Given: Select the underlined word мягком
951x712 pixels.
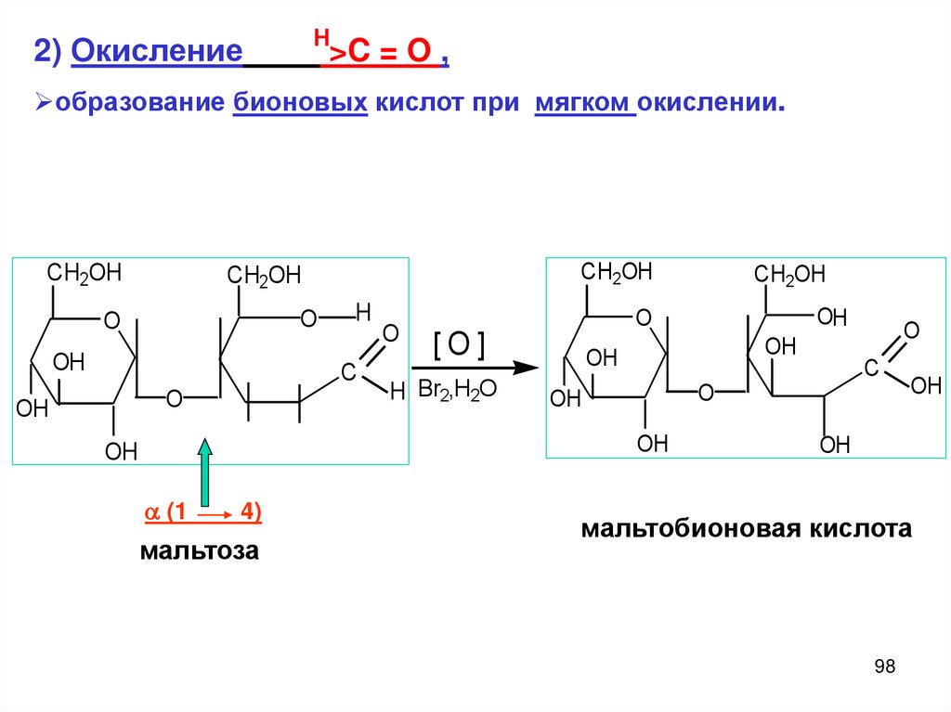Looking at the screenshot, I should (584, 102).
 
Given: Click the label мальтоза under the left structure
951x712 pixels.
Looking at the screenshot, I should (199, 551).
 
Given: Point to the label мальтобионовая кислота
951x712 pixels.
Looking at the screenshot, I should (747, 529).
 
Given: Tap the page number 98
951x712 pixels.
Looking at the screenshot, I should (884, 667).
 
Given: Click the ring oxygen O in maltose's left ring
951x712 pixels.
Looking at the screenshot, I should (111, 321).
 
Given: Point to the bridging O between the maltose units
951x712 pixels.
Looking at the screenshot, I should (174, 399).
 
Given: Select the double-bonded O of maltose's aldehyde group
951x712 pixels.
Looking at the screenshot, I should (390, 333).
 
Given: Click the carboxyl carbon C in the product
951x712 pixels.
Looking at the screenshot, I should (871, 369).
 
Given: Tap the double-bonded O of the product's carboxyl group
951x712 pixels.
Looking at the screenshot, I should (911, 330).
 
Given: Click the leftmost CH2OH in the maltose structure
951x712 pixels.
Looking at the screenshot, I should (85, 273).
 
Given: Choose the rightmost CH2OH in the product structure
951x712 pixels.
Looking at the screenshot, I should (788, 275).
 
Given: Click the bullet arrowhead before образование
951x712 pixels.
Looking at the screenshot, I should (41, 102).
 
